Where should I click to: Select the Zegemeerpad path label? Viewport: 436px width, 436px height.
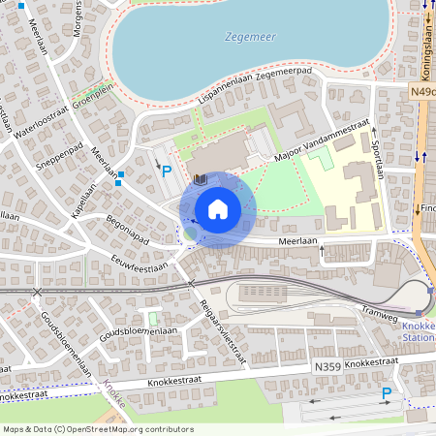coord(288,73)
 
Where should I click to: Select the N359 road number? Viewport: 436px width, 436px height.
coord(327,367)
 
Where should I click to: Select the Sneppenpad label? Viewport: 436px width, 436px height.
coord(55,159)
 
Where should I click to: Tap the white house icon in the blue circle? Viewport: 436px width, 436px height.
coord(217,209)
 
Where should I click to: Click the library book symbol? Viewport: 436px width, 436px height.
coord(199,180)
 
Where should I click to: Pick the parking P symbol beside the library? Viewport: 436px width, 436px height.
coord(167,171)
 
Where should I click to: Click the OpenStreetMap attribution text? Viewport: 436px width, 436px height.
coord(98,429)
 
